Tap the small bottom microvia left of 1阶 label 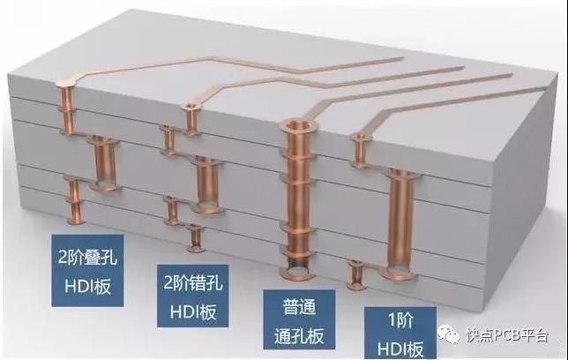tap(356, 275)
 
